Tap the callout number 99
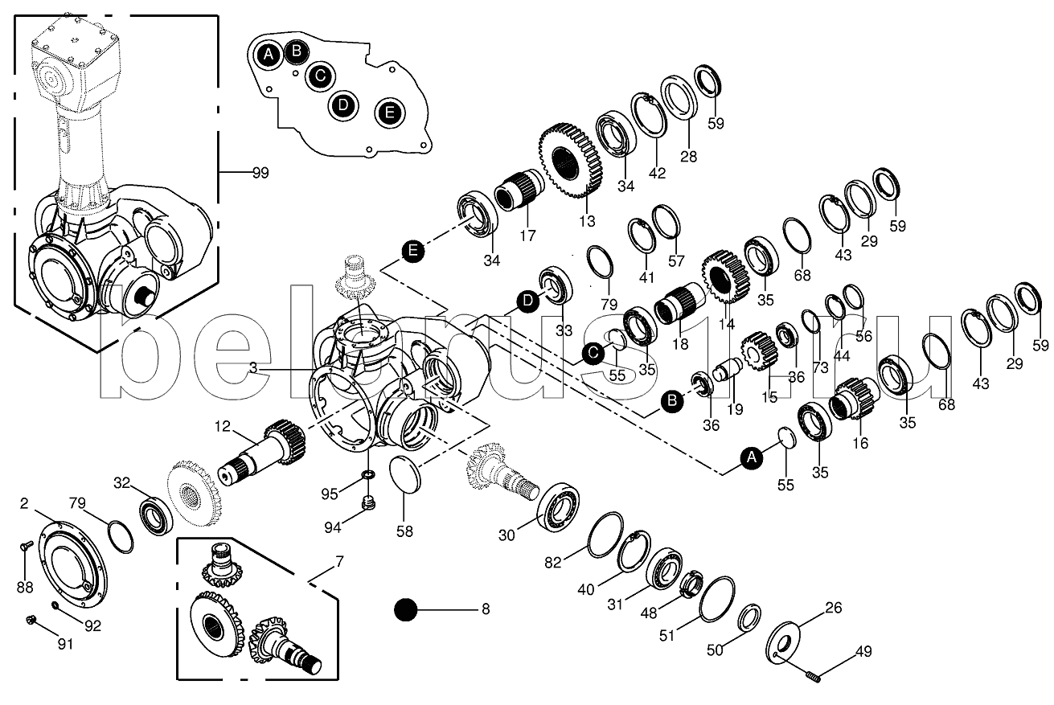[259, 173]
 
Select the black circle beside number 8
[406, 610]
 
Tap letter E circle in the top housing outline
[389, 113]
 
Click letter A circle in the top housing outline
[269, 55]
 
